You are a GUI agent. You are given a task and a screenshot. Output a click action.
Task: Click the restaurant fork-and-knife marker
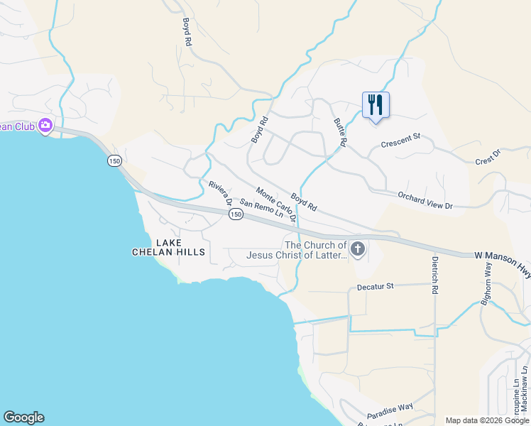376,105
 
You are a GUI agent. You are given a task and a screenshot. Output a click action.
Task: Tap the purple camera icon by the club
45,126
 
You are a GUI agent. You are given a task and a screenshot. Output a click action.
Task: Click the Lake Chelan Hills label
168,247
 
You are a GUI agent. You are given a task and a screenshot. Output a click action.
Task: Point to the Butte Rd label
340,132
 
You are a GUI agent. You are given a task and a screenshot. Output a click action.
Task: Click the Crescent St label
400,144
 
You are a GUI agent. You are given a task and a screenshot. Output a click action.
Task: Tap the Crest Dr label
488,158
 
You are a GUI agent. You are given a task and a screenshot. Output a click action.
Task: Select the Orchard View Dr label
425,201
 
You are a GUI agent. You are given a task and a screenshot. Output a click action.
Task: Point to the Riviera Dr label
221,193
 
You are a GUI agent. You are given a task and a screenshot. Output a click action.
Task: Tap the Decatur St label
375,286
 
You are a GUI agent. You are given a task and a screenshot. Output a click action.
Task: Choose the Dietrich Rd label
434,275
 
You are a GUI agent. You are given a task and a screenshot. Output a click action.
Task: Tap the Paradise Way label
390,410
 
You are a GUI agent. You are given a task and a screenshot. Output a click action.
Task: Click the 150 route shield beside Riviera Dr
236,214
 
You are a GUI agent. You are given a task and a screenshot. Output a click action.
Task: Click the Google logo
23,417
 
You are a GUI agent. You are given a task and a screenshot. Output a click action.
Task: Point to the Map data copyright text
487,420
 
